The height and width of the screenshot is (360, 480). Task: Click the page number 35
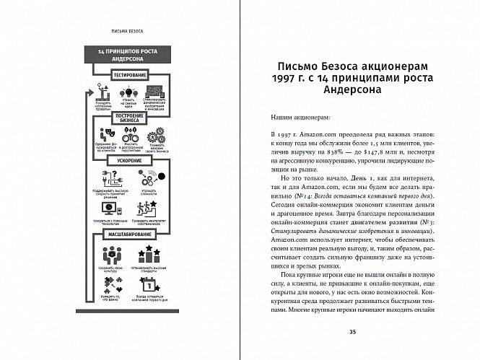click(x=352, y=331)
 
